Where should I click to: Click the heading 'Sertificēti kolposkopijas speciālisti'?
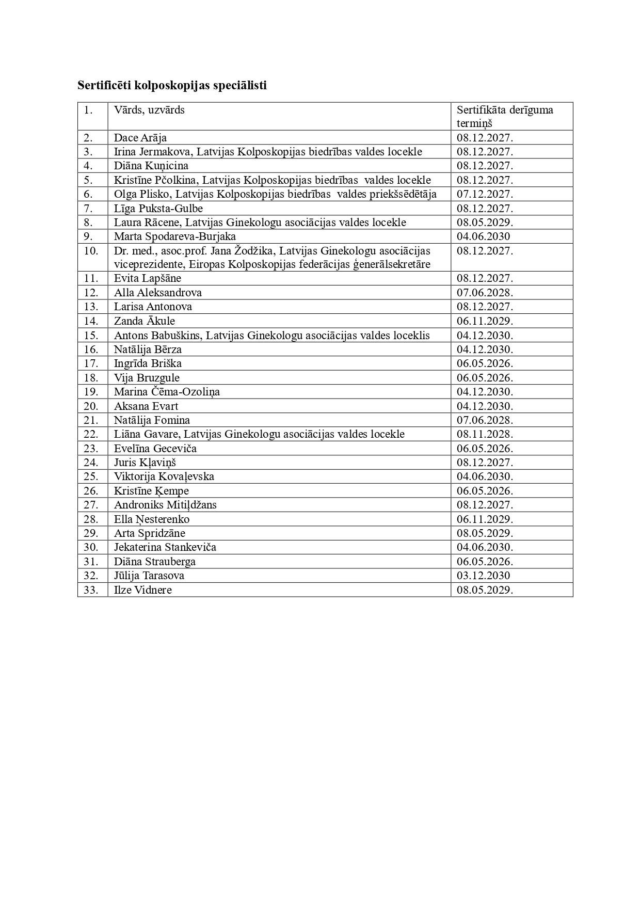click(172, 85)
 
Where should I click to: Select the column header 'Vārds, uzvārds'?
click(149, 110)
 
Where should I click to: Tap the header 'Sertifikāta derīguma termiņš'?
click(504, 116)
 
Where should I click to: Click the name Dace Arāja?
click(140, 138)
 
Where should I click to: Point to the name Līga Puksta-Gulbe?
click(158, 209)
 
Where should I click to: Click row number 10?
click(91, 251)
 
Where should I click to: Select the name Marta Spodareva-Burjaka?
click(174, 236)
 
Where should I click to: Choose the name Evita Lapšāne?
click(147, 278)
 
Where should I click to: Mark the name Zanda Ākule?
click(144, 321)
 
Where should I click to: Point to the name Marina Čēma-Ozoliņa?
click(167, 392)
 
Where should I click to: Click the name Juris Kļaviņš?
click(146, 463)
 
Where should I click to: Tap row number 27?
click(91, 505)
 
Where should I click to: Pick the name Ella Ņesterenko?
click(151, 519)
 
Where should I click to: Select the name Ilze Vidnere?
click(142, 590)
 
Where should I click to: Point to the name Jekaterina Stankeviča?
click(165, 547)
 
